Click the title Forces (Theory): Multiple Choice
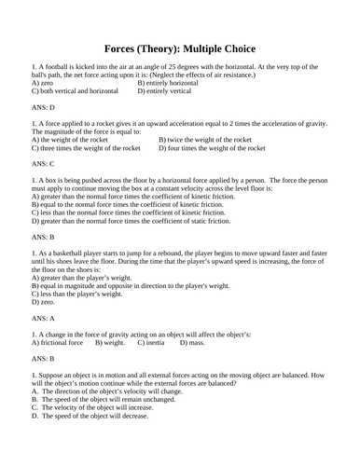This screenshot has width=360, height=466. point(179,48)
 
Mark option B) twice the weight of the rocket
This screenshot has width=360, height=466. point(205,139)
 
